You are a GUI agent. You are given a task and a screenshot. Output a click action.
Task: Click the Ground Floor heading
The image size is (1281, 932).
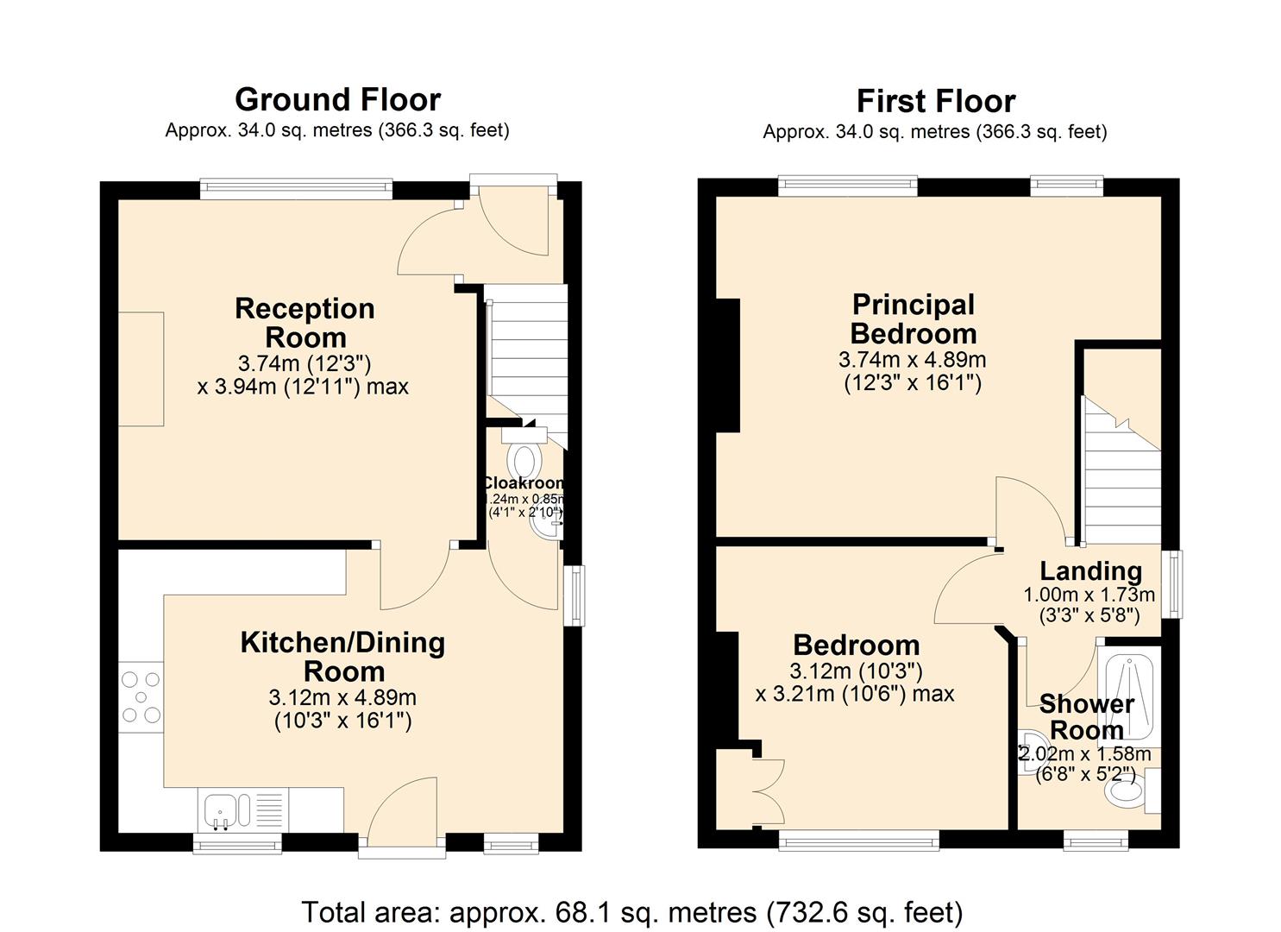point(337,100)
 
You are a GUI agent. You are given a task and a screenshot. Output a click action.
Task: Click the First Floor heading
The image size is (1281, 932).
point(935,102)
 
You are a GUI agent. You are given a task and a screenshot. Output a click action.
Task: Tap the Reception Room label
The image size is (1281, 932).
point(305,323)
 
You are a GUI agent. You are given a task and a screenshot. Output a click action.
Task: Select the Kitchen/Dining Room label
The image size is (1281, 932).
point(342,657)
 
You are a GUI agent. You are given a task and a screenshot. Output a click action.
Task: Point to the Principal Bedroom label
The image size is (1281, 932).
point(913,319)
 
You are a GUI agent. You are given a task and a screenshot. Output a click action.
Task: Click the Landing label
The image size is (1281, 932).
point(1090,571)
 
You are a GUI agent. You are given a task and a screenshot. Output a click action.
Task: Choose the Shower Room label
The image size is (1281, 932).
point(1086,717)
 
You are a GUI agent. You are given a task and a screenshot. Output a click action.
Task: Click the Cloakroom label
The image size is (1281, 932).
point(524,483)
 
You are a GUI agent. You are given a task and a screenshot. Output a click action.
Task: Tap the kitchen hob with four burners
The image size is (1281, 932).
point(141,697)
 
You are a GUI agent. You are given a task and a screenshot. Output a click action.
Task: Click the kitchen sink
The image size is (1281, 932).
point(226,809)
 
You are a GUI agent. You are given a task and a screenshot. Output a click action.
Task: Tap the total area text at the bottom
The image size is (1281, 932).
point(631,912)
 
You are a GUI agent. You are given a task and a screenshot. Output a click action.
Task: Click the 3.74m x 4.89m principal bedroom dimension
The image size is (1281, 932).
point(912,360)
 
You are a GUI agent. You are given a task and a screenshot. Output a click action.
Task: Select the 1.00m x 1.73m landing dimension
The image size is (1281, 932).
point(1089,595)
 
